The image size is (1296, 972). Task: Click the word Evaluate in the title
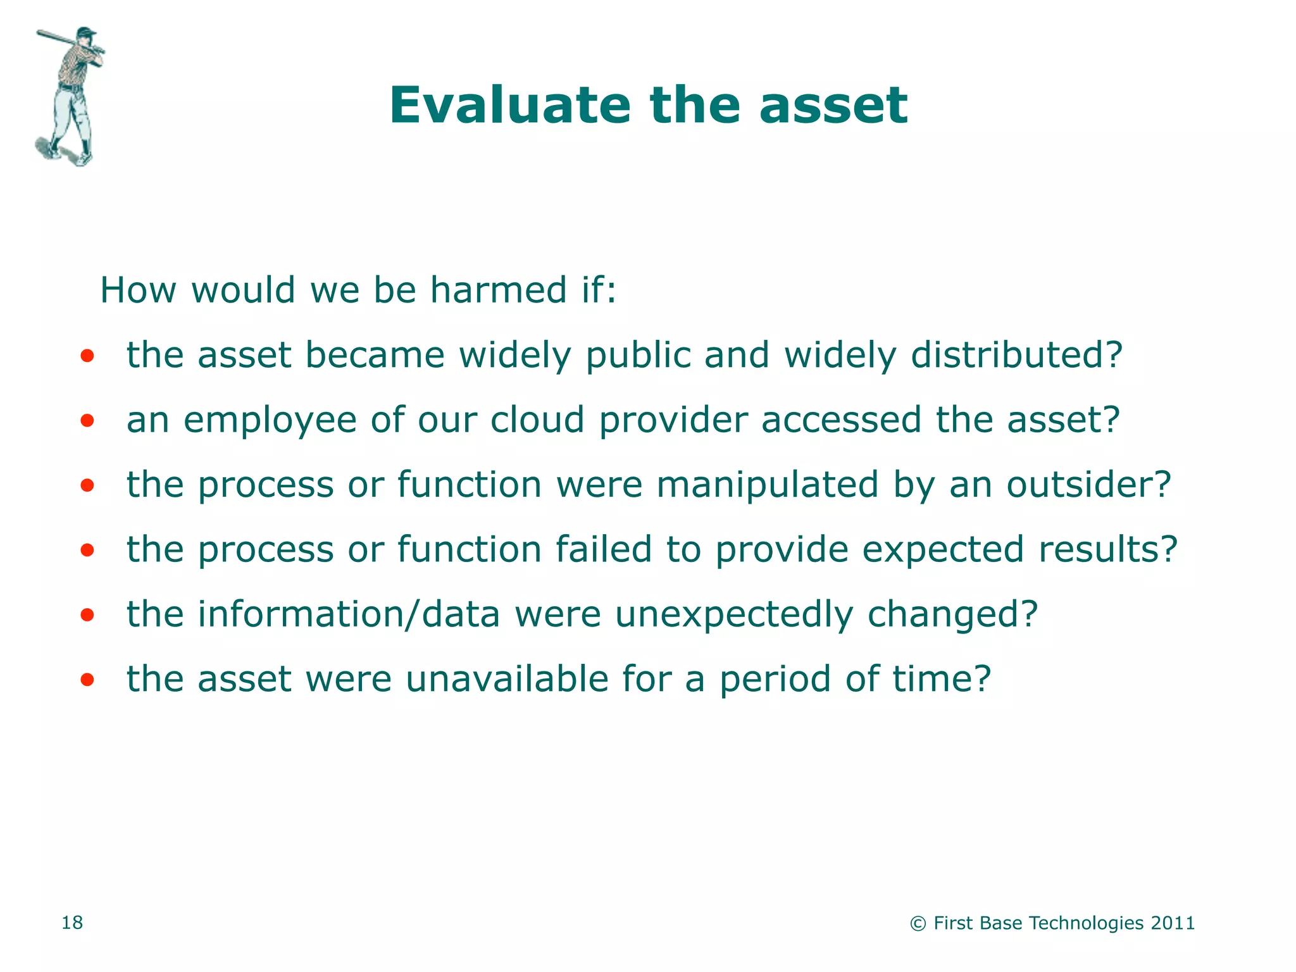(510, 105)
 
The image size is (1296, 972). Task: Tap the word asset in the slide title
(833, 105)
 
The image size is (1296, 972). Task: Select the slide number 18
(72, 923)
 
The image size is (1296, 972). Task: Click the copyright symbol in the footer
(918, 924)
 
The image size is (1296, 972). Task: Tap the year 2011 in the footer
(1173, 923)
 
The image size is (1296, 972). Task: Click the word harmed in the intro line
(498, 290)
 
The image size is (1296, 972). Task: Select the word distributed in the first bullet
(1016, 355)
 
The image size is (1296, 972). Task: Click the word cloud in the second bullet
(537, 420)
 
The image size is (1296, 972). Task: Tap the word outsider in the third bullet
(1089, 485)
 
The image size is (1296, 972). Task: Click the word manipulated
(768, 486)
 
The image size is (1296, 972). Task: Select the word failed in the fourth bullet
(603, 549)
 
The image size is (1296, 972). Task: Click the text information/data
(349, 614)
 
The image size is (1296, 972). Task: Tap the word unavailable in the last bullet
(506, 678)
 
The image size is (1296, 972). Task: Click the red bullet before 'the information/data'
(87, 614)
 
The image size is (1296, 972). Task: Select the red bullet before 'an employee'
(87, 420)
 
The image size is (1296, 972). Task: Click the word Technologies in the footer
(1087, 923)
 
